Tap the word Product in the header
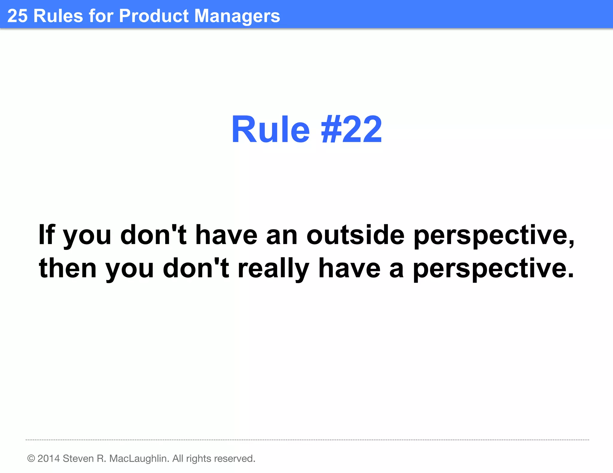[154, 16]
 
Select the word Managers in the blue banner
[237, 16]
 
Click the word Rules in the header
[58, 16]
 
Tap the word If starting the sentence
[47, 235]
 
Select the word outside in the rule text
[355, 235]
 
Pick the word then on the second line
[68, 268]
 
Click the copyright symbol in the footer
[31, 458]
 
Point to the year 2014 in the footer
[48, 458]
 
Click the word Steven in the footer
[78, 458]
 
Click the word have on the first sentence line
[226, 235]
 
